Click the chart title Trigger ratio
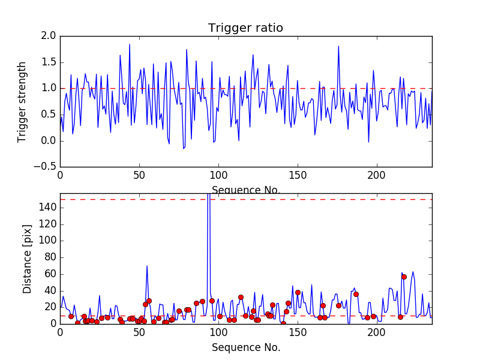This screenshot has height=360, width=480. [245, 28]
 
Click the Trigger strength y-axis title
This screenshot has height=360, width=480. [22, 101]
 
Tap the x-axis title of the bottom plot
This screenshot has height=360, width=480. [245, 347]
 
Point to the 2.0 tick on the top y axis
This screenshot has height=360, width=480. [49, 36]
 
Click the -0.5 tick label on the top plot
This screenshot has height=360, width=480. [46, 167]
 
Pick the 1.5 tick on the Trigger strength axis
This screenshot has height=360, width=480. [49, 62]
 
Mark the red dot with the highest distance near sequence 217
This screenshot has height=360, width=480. [404, 277]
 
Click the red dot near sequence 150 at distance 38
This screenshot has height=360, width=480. [298, 292]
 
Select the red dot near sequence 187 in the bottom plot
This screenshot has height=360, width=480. [356, 294]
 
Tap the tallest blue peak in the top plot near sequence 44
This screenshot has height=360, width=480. [129, 44]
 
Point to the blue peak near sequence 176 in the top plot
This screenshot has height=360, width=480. [338, 46]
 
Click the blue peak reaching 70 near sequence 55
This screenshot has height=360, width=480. [147, 265]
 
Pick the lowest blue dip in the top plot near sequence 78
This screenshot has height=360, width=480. [184, 148]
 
